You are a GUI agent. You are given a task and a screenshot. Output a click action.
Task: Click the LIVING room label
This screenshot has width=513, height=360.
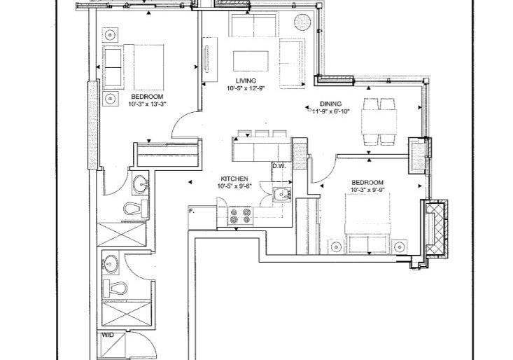click(x=246, y=81)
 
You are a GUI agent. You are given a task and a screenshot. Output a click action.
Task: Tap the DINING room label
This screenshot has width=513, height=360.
click(x=330, y=104)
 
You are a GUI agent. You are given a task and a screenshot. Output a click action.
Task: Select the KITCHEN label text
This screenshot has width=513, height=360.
click(x=234, y=179)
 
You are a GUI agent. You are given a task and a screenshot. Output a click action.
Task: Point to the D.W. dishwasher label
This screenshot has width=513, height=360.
click(x=279, y=166)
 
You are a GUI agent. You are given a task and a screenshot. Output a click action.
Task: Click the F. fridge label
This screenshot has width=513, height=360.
click(x=192, y=211)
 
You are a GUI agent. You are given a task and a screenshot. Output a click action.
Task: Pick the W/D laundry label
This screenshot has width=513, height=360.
click(x=107, y=335)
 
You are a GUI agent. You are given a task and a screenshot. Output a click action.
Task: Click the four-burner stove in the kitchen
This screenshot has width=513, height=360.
click(x=241, y=216)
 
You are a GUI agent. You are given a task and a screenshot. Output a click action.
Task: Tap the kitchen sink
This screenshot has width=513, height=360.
click(x=281, y=195)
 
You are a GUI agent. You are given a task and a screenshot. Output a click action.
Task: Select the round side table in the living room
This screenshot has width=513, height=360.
click(x=302, y=22)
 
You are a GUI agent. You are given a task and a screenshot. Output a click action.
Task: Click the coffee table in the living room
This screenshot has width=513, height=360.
click(x=251, y=61)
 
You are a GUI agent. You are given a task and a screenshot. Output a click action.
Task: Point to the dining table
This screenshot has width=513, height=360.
click(x=379, y=121)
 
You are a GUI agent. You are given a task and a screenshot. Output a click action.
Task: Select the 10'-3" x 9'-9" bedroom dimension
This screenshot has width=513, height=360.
click(x=367, y=190)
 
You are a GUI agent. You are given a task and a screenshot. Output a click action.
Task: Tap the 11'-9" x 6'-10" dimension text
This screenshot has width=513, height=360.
click(x=331, y=111)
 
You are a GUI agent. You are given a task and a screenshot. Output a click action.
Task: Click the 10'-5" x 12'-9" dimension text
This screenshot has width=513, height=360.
click(x=246, y=88)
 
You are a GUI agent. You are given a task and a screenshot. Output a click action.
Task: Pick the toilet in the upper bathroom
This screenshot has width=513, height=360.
click(x=136, y=209)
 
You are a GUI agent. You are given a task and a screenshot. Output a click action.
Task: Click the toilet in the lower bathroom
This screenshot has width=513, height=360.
click(x=115, y=289)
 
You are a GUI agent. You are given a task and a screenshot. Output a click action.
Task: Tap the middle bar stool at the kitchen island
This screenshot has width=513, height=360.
click(x=262, y=134)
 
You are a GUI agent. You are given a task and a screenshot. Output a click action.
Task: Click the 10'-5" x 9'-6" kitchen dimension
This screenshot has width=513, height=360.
click(x=234, y=186)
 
